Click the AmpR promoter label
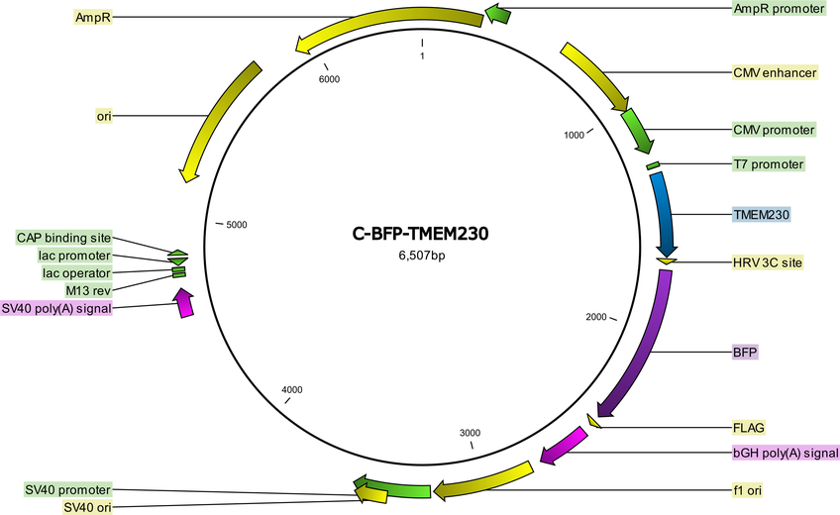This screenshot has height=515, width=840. tap(779, 9)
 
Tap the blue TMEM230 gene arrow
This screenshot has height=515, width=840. tap(666, 215)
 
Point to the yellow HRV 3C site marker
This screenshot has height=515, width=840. tap(666, 261)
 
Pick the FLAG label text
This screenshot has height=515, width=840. tap(749, 428)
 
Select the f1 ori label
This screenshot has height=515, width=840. tap(747, 490)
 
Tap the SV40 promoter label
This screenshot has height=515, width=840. tap(68, 489)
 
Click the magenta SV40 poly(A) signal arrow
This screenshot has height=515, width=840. tap(184, 302)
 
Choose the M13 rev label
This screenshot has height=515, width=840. tap(88, 291)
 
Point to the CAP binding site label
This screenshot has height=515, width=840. tap(63, 238)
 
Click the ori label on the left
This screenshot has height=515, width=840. tap(104, 116)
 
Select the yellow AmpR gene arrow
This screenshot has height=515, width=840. tap(384, 27)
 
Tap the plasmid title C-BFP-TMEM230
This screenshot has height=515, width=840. tap(421, 234)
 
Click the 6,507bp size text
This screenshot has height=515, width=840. tap(421, 256)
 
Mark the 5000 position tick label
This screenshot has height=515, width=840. tap(237, 225)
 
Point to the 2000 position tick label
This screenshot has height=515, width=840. tap(596, 317)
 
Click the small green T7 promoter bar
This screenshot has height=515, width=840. tap(653, 165)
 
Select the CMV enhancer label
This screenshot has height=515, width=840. tap(776, 73)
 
